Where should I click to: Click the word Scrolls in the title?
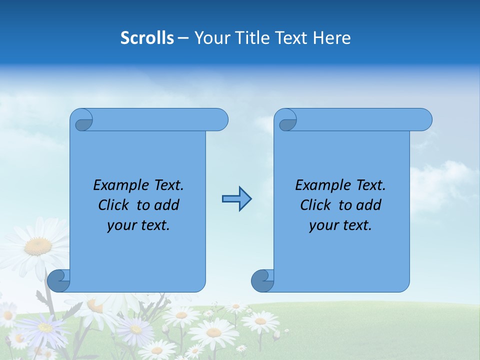147,38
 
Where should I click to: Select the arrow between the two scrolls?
236,199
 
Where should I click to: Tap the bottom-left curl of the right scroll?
262,280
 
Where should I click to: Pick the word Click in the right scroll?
317,205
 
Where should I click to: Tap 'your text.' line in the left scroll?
138,225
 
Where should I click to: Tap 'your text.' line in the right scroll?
340,225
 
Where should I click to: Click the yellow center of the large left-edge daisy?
38,246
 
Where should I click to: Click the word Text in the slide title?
291,38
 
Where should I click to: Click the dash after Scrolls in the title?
183,38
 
